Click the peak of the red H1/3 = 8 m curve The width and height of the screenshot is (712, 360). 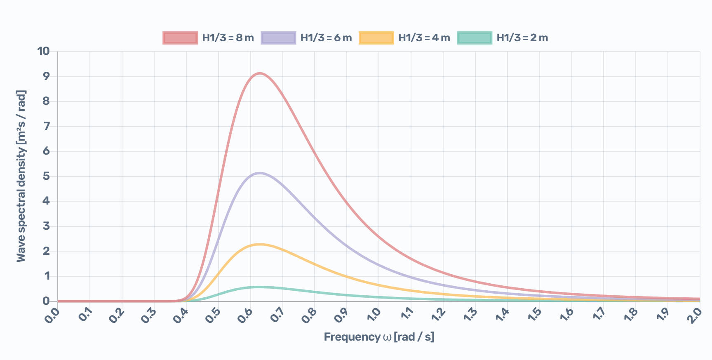point(259,73)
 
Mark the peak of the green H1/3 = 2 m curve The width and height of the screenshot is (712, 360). point(259,287)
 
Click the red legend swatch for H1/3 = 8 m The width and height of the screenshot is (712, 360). point(180,38)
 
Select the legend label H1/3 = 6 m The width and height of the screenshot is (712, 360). point(326,38)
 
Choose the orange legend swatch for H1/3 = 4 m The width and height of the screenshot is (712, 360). point(376,38)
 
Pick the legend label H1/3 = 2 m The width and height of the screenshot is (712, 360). point(522,38)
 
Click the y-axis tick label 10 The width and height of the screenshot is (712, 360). point(43,51)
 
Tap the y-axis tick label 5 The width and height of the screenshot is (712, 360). point(46,176)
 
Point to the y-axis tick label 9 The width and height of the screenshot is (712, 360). point(46,76)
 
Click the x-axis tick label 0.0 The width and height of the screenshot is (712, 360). point(52,315)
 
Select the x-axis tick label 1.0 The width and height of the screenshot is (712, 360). point(374,315)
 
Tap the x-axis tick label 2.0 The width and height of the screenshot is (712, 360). point(695,315)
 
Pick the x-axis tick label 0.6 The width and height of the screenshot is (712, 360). point(245,315)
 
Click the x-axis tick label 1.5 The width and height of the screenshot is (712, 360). point(534,315)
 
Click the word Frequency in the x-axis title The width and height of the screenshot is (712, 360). point(352,337)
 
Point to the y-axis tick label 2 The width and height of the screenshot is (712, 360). point(46,251)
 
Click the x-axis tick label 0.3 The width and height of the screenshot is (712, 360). point(149,315)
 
